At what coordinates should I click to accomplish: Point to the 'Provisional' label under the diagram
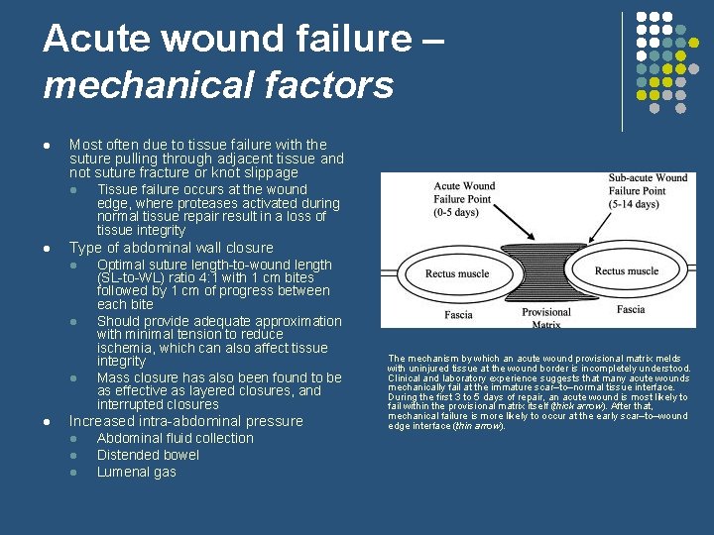coord(546,312)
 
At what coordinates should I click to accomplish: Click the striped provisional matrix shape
coord(548,273)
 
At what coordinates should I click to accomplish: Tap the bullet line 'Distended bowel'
coord(148,455)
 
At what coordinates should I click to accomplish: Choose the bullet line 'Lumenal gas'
coord(136,472)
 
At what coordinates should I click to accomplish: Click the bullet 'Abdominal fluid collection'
coord(175,438)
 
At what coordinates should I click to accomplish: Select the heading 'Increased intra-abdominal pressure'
coord(185,421)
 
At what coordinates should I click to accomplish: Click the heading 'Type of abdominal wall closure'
coord(171,248)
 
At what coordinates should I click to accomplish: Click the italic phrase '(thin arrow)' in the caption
coord(478,426)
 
